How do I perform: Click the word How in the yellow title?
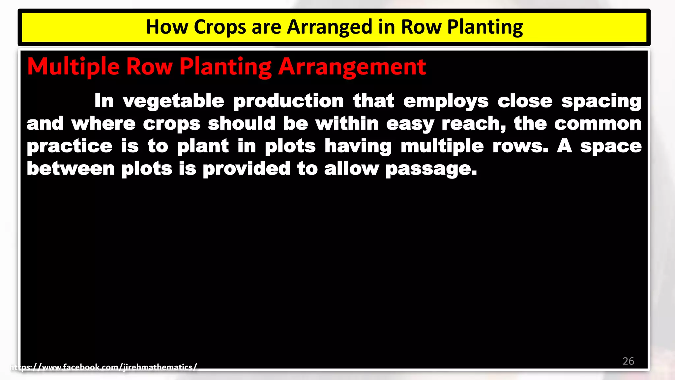coord(167,27)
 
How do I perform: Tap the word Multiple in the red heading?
coord(73,67)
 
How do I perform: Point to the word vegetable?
coord(173,101)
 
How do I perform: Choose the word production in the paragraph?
coord(288,101)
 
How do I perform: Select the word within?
coord(347,123)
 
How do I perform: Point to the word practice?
coord(70,146)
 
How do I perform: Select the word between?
coord(71,169)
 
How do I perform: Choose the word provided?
coord(247,169)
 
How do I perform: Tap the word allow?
coord(351,169)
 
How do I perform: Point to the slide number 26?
coord(628,361)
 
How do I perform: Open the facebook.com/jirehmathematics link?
coord(103,367)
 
